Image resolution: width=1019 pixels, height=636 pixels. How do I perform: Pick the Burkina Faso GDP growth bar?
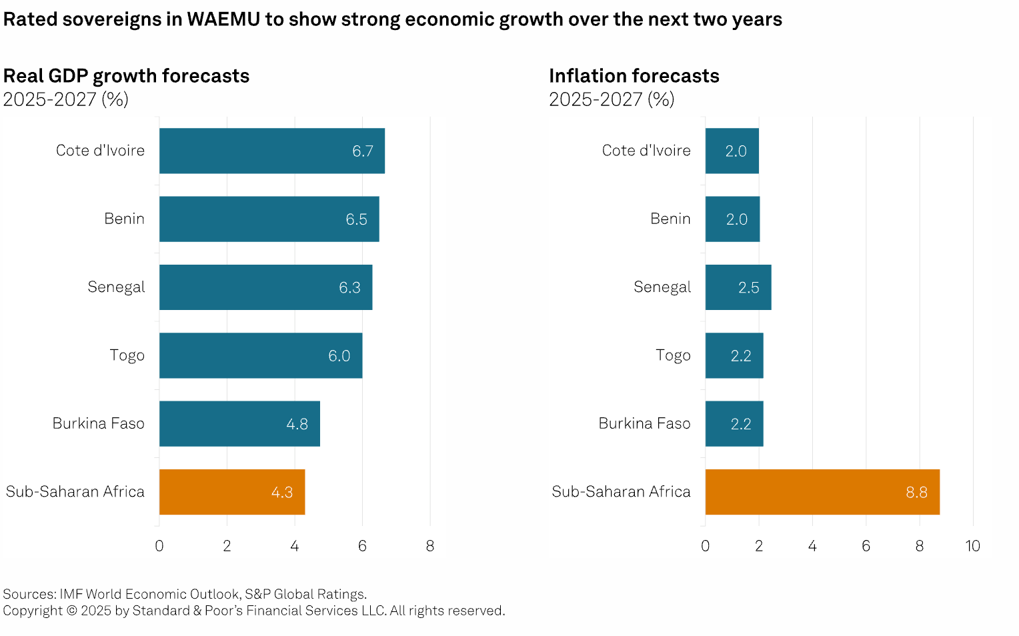(x=227, y=423)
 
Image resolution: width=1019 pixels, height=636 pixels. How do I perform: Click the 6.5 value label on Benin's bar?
(x=356, y=219)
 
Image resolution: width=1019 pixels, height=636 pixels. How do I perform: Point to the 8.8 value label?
(x=916, y=493)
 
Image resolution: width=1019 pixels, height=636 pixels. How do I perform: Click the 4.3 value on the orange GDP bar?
(x=281, y=493)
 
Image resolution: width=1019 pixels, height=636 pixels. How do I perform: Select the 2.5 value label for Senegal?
(x=748, y=288)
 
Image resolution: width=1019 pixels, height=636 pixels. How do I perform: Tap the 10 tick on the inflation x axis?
(x=972, y=546)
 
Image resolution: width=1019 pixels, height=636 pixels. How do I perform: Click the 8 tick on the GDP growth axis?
(x=430, y=546)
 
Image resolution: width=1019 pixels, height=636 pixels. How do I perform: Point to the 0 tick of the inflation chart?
(x=705, y=546)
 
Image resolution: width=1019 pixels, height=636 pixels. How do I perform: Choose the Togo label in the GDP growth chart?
(x=127, y=355)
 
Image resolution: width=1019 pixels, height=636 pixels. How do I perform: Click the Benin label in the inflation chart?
(x=670, y=219)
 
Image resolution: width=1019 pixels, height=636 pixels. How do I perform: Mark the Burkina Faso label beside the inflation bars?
(x=644, y=423)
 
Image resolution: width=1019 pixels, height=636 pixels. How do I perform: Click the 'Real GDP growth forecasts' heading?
(x=126, y=76)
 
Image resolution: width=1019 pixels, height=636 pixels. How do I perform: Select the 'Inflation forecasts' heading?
(x=634, y=76)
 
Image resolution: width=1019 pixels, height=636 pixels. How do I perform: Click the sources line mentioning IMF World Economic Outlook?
(x=185, y=594)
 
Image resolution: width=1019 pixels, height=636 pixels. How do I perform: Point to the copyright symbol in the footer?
(x=71, y=611)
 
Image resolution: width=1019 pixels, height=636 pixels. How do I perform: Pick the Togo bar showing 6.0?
(x=260, y=355)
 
